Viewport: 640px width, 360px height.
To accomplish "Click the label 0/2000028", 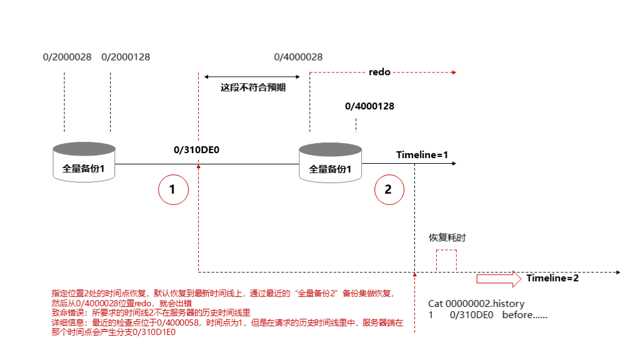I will click(67, 57).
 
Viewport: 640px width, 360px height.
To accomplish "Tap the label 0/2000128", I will click(126, 57).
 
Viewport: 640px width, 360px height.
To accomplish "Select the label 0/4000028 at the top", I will click(298, 57).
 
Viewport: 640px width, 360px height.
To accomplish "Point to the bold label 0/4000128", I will click(369, 106).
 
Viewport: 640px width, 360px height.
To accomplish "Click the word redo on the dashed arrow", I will click(379, 72).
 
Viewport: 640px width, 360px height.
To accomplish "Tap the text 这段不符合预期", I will click(253, 87).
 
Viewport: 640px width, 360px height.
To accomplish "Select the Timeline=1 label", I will click(422, 155).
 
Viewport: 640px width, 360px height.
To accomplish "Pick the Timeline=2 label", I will click(552, 278).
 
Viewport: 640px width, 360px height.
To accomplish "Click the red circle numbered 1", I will click(174, 189).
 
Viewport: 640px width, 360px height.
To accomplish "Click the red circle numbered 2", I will click(388, 189).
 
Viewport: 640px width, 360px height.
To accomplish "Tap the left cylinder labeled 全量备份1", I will click(84, 162).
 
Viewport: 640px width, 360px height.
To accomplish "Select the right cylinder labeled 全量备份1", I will click(331, 162).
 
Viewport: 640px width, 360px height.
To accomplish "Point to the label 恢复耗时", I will click(447, 238).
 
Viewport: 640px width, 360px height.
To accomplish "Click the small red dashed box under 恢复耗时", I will click(446, 261).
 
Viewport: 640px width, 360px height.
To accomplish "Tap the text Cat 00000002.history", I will click(476, 303).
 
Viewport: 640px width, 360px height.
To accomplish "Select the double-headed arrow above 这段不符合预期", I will click(252, 76).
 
